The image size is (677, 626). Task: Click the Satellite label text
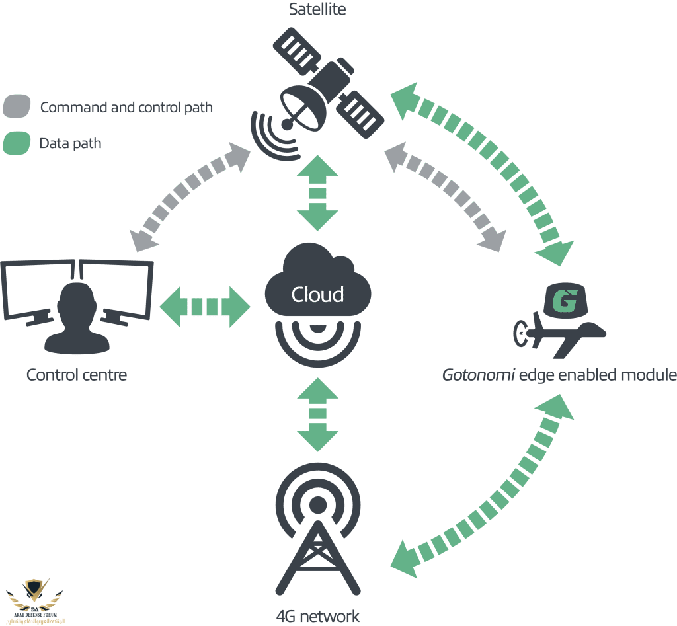[317, 9]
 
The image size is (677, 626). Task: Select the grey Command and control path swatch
[17, 106]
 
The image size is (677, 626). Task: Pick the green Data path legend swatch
[17, 143]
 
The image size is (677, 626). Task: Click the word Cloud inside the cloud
[317, 294]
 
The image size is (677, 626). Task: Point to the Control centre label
[77, 375]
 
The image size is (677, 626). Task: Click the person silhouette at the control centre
[77, 317]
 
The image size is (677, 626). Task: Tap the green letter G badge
[565, 301]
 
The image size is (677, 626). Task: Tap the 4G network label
[317, 617]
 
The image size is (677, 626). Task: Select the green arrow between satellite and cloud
[317, 193]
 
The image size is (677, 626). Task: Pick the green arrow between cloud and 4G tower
[317, 414]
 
